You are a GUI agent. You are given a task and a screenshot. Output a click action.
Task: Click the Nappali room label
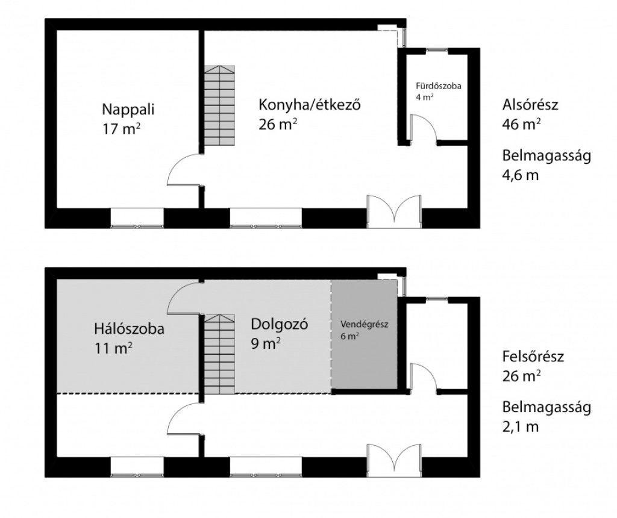pos(128,110)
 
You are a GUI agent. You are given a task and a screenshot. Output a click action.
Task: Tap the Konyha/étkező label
pos(309,105)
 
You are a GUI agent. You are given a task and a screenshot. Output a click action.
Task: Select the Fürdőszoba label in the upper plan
pos(439,86)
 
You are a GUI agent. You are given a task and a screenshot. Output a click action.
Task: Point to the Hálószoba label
pos(129,329)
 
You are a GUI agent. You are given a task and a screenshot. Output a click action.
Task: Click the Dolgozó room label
pos(280,324)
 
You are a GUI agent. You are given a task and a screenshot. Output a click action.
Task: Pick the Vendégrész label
pos(365,325)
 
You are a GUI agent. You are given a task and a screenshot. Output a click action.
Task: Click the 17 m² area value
pos(121,129)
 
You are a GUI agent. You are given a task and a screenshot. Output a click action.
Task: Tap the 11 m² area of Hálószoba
pos(113,348)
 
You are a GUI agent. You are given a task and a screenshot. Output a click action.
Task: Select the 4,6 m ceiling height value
pos(520,175)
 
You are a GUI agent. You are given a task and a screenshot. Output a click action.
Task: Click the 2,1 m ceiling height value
pos(520,427)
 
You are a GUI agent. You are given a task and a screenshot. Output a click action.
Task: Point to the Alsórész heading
pos(530,105)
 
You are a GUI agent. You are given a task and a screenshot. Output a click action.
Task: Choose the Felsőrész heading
pos(533,357)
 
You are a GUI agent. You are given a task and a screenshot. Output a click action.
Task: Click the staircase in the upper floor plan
pos(219,105)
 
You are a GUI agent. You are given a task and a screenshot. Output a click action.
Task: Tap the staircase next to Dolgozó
pos(219,354)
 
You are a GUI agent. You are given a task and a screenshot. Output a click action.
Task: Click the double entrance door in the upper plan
pos(394,211)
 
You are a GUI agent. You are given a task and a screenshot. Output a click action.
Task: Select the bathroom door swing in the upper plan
pos(422,129)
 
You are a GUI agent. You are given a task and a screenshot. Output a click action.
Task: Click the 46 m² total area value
pos(521,124)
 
